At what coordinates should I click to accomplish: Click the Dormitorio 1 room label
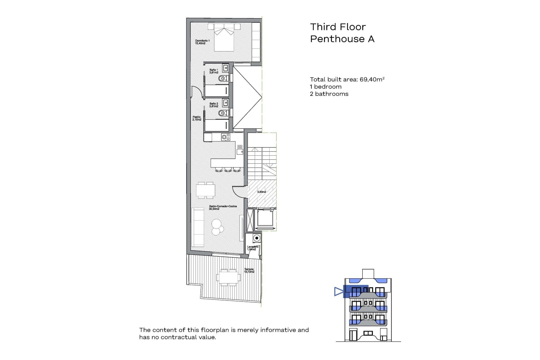click(x=202, y=42)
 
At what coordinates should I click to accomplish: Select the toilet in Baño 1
click(x=223, y=78)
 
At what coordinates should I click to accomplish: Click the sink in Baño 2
click(x=225, y=103)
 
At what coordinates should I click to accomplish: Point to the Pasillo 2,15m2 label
click(x=197, y=118)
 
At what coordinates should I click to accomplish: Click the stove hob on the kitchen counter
click(x=226, y=137)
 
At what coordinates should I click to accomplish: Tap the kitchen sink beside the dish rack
click(x=240, y=152)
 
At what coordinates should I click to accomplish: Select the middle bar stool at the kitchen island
click(x=228, y=169)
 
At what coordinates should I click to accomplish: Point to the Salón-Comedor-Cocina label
click(x=223, y=208)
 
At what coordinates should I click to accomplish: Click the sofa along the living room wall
click(x=197, y=227)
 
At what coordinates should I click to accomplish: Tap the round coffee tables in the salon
click(x=217, y=227)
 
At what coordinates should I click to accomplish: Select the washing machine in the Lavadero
click(x=256, y=238)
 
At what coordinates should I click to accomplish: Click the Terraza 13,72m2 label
click(x=249, y=271)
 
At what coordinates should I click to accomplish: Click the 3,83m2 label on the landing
click(x=262, y=192)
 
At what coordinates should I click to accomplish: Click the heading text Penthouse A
click(x=342, y=39)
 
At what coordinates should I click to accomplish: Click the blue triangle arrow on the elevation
click(x=338, y=291)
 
